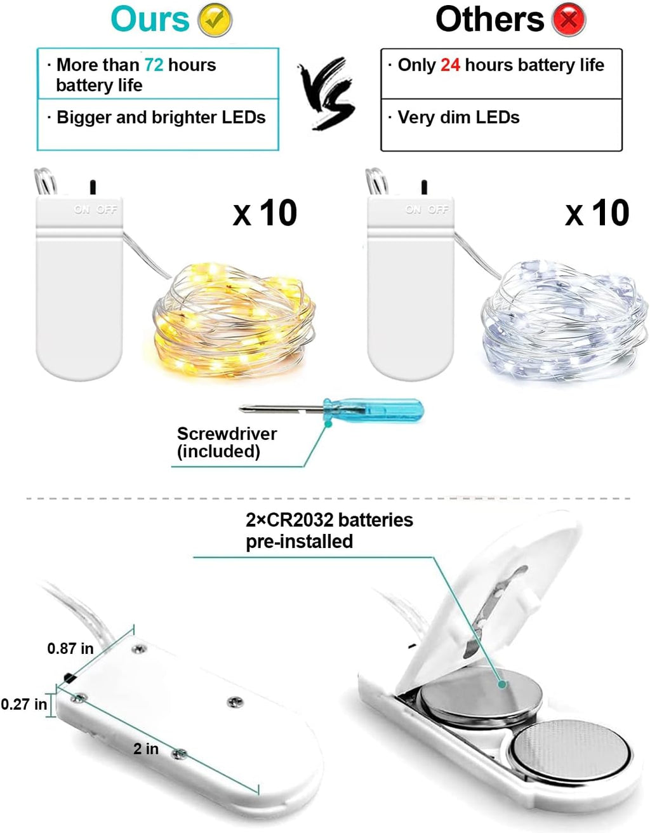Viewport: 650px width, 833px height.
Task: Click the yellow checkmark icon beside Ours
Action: coord(215,20)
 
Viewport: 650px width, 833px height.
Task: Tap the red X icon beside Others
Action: coord(569,20)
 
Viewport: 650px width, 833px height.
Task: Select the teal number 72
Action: coord(154,65)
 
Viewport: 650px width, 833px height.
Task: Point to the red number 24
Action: coord(450,65)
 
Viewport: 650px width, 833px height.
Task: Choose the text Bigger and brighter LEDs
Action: coord(161,117)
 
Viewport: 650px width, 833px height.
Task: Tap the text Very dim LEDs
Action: coord(458,117)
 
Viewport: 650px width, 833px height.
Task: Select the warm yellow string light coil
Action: coord(234,321)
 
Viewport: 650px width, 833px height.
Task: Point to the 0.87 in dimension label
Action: coord(70,648)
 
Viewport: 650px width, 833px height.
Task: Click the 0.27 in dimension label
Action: coord(24,704)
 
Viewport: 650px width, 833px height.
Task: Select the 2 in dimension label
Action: coord(146,749)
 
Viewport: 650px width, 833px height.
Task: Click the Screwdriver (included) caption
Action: coord(226,443)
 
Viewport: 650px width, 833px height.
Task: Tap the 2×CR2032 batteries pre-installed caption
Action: coord(329,530)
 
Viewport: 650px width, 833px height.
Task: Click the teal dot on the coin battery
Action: coord(502,684)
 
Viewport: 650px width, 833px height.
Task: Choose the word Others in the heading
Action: coord(489,20)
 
